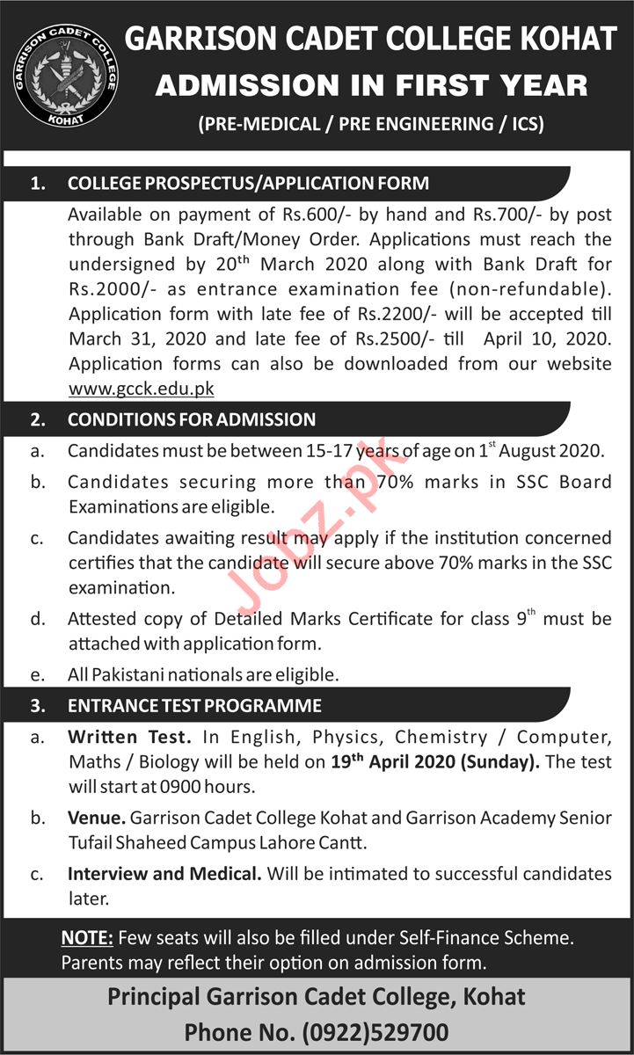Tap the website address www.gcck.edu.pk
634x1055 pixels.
[141, 388]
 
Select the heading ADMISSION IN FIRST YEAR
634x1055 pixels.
[371, 85]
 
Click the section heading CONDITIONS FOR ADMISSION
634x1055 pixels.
[191, 420]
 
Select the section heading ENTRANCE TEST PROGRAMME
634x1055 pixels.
[194, 705]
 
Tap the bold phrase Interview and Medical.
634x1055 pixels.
[164, 874]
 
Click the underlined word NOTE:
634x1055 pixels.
[87, 938]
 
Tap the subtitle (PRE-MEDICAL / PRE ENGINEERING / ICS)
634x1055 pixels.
[371, 124]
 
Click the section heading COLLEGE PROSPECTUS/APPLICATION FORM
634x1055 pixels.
[248, 184]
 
